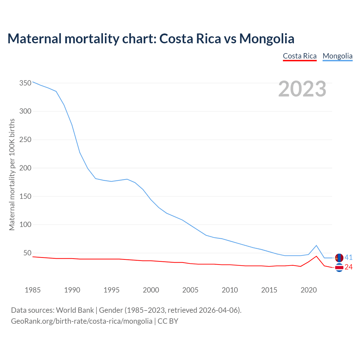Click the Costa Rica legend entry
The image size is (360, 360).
point(300,56)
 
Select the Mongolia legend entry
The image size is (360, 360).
point(337,56)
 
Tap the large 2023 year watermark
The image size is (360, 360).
point(302,89)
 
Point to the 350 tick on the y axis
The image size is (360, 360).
point(25,83)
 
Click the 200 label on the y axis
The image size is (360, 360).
point(25,168)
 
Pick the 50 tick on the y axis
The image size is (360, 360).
point(27,253)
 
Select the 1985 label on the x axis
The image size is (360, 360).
point(33,290)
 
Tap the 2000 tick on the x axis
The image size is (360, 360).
point(151,290)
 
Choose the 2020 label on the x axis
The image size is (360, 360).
point(309,290)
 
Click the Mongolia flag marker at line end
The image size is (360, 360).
point(339,258)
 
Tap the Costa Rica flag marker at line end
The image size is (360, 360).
point(339,267)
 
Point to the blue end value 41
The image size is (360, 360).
point(348,258)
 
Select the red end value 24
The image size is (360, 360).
point(348,267)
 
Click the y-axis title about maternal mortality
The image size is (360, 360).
point(12,174)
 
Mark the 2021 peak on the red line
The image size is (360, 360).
point(316,256)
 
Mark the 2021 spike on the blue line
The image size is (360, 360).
point(316,246)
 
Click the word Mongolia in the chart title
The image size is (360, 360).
point(267,39)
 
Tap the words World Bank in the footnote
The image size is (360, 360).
point(75,310)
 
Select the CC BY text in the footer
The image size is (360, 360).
point(168,321)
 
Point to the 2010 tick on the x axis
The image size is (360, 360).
point(230,290)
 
